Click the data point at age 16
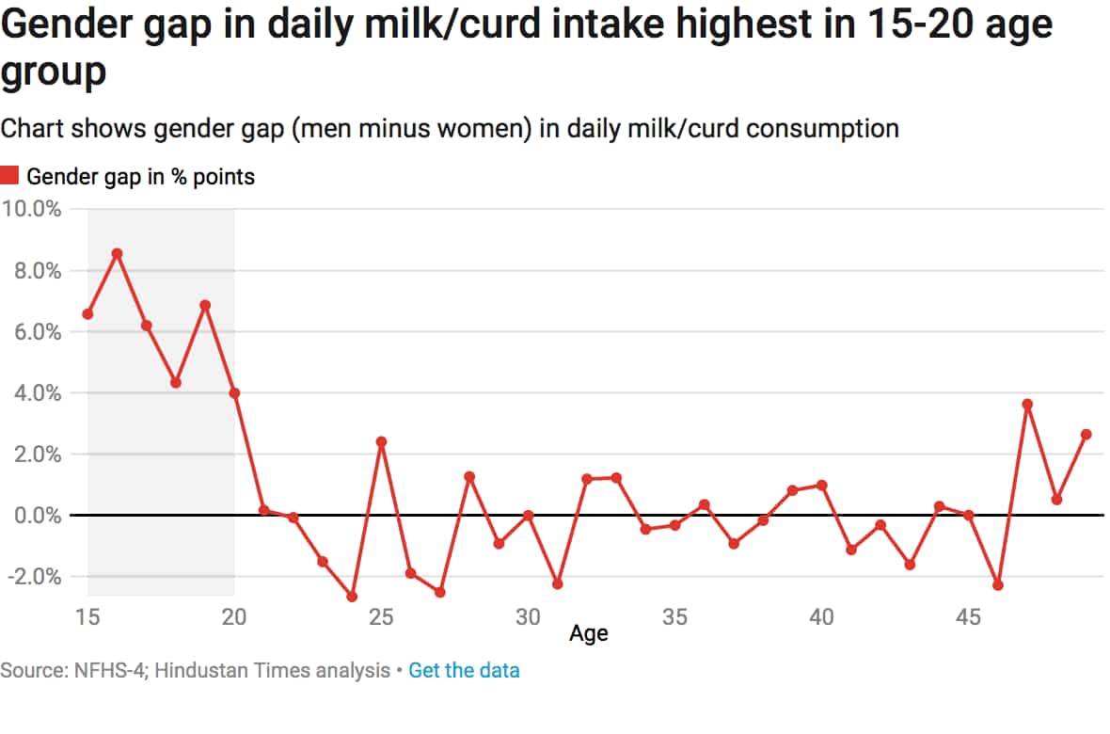117,253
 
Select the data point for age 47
1027,405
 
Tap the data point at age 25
381,441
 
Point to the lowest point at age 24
352,597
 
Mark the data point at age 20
234,392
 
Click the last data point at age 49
1086,434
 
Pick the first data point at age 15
87,313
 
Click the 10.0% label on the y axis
32,209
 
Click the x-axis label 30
528,618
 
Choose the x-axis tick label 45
968,618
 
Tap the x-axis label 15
87,618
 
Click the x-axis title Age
589,634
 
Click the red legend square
9,175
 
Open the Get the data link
464,671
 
